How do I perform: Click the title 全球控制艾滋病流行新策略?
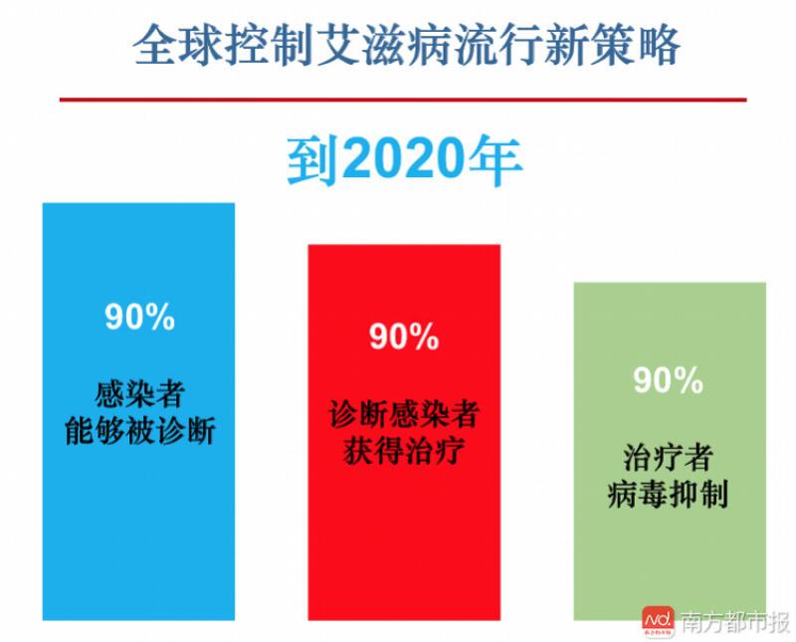point(407,46)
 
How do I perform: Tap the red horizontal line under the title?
point(403,100)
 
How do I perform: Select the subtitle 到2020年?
point(405,160)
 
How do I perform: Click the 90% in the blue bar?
point(139,317)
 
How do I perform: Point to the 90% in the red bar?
point(404,336)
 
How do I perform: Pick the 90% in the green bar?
point(668,380)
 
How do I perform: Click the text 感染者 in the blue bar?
point(139,394)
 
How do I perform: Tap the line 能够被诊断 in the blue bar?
point(140,431)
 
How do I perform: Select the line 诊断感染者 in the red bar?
point(404,414)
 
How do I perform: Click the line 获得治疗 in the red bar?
point(404,451)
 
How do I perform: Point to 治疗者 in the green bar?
point(668,458)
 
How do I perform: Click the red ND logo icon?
point(659,622)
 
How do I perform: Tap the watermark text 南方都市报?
point(734,622)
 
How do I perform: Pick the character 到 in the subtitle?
point(313,161)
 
